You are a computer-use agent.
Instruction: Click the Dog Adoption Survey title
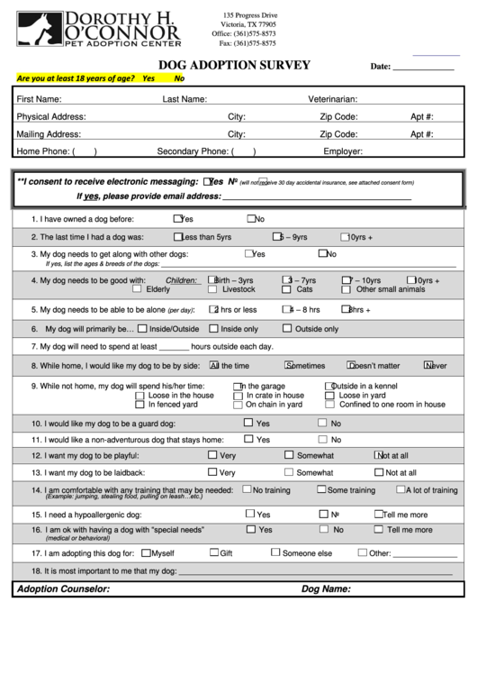(x=234, y=65)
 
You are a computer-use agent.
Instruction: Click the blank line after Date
(x=424, y=67)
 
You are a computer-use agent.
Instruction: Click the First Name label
(x=39, y=99)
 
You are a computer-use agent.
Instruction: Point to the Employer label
(x=343, y=151)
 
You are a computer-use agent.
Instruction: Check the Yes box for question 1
(x=176, y=218)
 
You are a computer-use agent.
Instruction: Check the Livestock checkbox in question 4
(x=212, y=289)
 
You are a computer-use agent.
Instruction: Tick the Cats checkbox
(x=286, y=289)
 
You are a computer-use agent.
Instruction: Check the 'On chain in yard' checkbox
(x=238, y=405)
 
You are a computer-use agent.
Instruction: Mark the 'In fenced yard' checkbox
(x=139, y=405)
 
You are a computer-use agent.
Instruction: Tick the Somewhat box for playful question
(x=288, y=455)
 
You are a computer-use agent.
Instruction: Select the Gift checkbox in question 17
(x=214, y=552)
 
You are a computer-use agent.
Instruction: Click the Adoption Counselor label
(x=63, y=588)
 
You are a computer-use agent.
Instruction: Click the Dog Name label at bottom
(x=326, y=588)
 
